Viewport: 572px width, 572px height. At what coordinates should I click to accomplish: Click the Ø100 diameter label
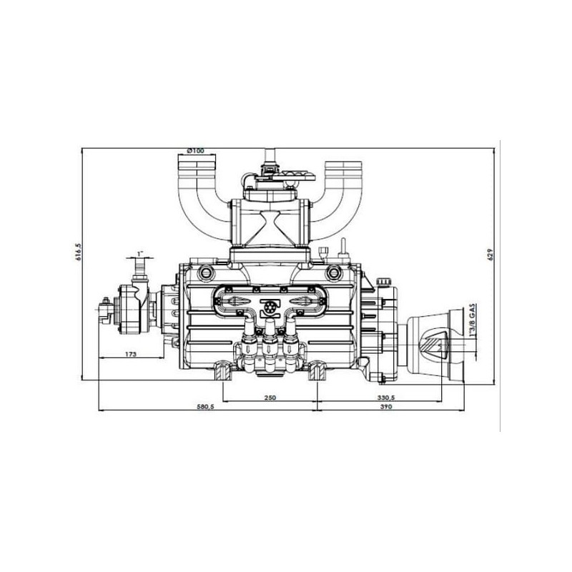(x=195, y=151)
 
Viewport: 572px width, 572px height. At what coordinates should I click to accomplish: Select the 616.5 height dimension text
(x=78, y=252)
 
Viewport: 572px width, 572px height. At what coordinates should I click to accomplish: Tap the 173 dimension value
(x=130, y=354)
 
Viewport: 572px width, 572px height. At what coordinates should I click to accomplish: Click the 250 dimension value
(x=270, y=398)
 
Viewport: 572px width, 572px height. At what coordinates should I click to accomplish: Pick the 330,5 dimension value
(x=387, y=398)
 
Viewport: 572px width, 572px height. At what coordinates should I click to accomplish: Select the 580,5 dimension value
(x=205, y=406)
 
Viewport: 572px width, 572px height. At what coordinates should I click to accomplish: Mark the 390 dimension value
(x=385, y=406)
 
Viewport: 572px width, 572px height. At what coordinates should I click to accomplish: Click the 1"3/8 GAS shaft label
(x=473, y=321)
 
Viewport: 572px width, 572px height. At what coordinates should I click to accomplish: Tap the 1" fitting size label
(x=140, y=253)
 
